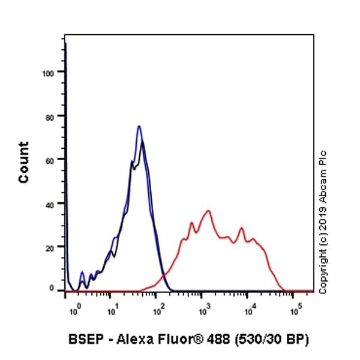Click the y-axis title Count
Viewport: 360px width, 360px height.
point(23,163)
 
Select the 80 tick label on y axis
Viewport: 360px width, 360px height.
point(50,116)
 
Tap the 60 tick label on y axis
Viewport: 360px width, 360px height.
point(50,160)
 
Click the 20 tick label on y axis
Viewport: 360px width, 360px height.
point(50,247)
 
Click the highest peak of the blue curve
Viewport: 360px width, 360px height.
point(139,126)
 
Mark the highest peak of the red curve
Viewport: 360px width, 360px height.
point(208,211)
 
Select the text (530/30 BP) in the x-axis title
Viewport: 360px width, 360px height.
point(277,341)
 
